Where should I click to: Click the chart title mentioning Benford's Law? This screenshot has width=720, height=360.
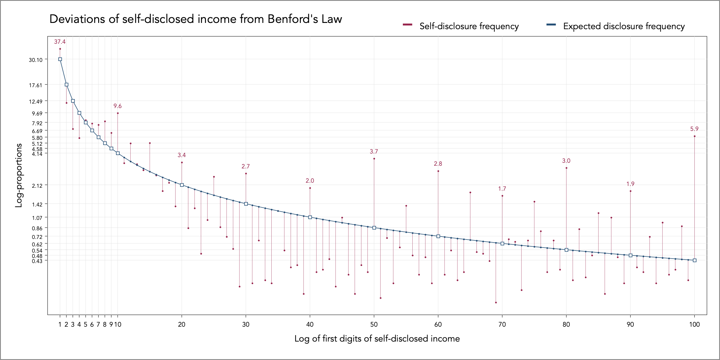pos(195,19)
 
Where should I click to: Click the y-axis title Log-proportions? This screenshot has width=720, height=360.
pos(19,175)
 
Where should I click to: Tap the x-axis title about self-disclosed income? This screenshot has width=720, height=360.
pos(377,339)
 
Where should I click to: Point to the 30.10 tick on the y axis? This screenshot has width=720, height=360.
pos(35,60)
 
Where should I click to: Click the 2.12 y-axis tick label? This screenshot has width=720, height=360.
pos(37,186)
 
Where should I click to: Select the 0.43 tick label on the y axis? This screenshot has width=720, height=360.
pos(37,261)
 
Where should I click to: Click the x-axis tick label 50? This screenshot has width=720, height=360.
pos(374,325)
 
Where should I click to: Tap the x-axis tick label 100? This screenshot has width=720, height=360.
pos(694,325)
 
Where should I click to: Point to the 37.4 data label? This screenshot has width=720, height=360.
pos(60,42)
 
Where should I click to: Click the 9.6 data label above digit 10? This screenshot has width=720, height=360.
pos(118,106)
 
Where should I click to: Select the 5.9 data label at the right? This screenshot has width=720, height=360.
pos(694,129)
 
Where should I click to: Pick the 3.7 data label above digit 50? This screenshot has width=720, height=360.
pos(374,152)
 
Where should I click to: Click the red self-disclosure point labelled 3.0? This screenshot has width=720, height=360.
pos(566,168)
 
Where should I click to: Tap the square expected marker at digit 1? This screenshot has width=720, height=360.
pos(60,59)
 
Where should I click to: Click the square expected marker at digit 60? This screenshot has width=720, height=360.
pos(438,236)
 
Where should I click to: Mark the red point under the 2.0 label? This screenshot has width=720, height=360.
pos(310,188)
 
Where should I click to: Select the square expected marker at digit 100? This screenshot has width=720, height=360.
pos(695,260)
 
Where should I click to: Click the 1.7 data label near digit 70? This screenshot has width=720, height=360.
pos(502,189)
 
